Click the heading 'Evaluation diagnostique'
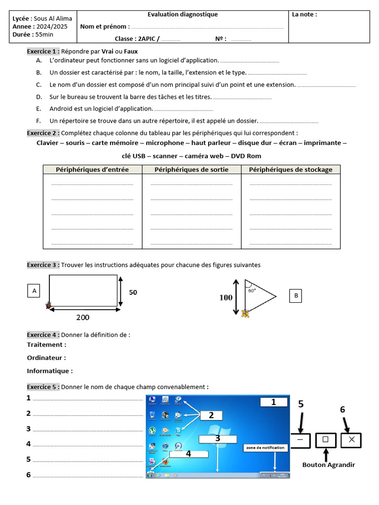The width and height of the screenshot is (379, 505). point(183,15)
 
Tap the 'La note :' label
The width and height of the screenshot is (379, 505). point(304,15)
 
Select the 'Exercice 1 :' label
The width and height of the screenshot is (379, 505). point(43,51)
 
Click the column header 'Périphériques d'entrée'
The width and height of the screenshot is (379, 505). point(92,170)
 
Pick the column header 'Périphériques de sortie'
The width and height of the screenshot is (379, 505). point(191,170)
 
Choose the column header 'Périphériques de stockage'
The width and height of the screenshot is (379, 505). point(291,170)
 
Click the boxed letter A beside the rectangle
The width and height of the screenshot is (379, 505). point(35,291)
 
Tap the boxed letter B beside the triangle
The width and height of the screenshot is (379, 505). point(296,296)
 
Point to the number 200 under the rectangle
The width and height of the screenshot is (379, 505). point(83,317)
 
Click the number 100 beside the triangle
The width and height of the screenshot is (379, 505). point(226,297)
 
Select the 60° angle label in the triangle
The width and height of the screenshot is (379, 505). point(252,290)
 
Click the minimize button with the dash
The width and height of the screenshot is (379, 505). point(301,439)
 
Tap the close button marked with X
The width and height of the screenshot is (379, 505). point(351,439)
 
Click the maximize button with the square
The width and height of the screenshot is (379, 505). point(325,439)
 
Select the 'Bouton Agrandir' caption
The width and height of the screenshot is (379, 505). point(329,465)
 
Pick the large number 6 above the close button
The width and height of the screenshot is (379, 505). point(342,409)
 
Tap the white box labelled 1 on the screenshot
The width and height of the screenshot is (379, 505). point(273,402)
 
